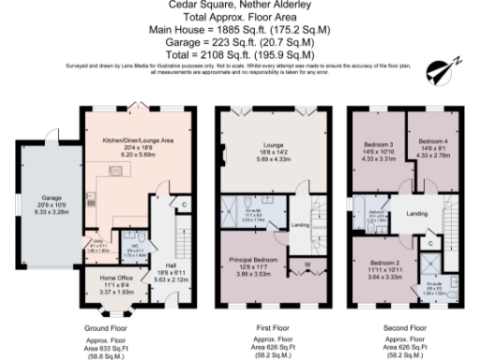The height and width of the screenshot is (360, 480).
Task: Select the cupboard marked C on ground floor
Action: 184,204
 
